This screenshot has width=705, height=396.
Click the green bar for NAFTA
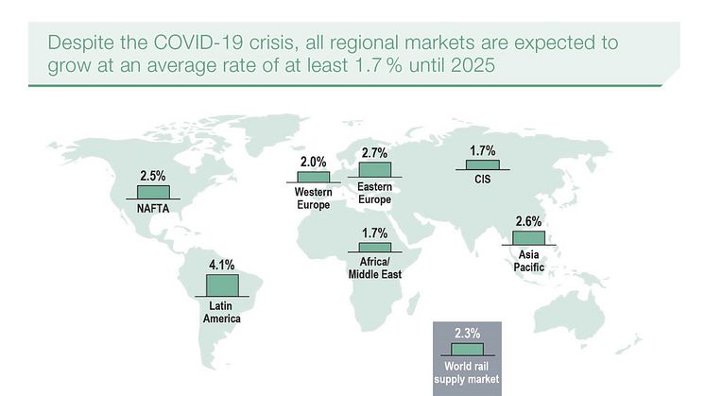pos(152,192)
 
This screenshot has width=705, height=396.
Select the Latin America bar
pos(222,284)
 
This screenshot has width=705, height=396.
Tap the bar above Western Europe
pos(314,177)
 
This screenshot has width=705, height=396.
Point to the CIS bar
pos(483,164)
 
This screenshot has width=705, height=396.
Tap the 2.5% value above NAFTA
pos(152,176)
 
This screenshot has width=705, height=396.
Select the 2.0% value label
pos(313,162)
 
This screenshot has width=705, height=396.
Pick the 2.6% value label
pos(529,222)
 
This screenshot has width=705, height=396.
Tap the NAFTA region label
pos(152,209)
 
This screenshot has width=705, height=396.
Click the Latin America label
pos(222,313)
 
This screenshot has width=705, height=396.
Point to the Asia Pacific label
pos(529,261)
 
